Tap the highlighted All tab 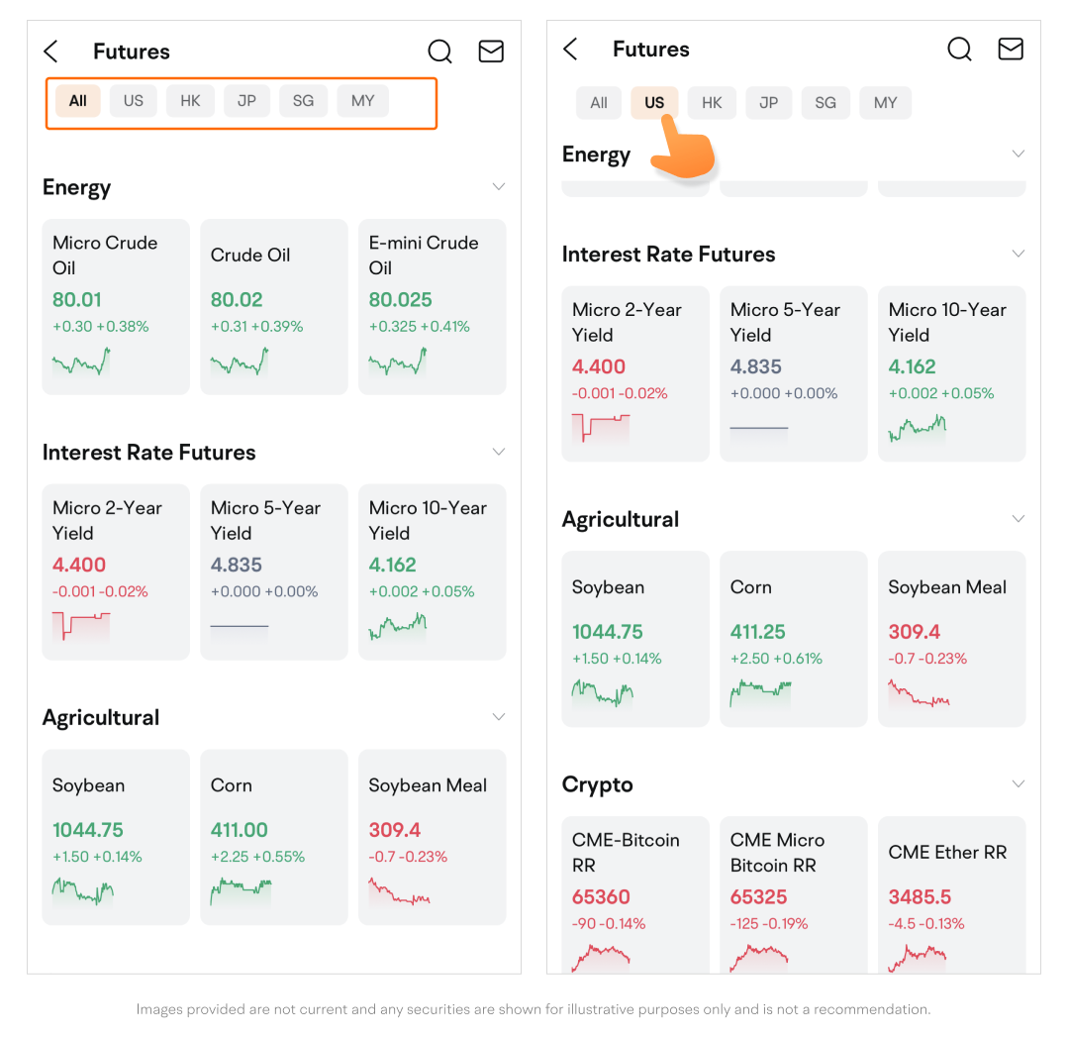click(x=77, y=101)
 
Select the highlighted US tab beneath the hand click(x=654, y=103)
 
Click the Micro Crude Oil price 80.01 click(x=77, y=300)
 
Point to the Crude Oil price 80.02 click(x=237, y=300)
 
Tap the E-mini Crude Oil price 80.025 click(x=401, y=300)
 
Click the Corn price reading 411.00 click(x=240, y=830)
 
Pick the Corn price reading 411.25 click(x=757, y=632)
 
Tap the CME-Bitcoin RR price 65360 click(x=601, y=897)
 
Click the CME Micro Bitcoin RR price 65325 click(x=758, y=897)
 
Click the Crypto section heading click(x=597, y=784)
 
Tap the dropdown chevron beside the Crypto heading click(x=1019, y=784)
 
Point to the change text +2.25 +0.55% click(x=257, y=857)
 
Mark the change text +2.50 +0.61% click(x=776, y=659)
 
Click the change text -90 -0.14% click(x=609, y=924)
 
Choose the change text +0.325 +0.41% click(x=419, y=327)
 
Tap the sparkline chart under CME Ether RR click(x=917, y=957)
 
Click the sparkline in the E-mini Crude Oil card click(x=397, y=362)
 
